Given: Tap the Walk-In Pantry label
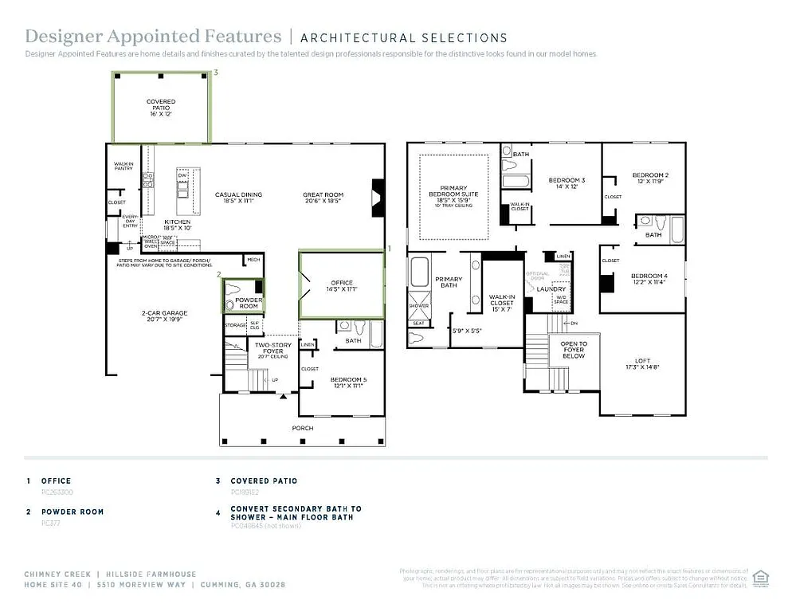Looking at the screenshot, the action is click(x=123, y=166).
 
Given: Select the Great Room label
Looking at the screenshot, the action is click(x=323, y=195).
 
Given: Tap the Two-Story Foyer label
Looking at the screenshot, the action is click(x=269, y=347).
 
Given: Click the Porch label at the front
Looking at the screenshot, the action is click(x=302, y=428).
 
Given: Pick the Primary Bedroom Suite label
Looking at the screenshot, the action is click(x=453, y=194).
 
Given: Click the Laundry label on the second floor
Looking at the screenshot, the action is click(x=551, y=289).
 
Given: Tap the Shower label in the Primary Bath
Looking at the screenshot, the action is click(x=418, y=306).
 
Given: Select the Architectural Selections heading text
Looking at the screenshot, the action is click(x=404, y=37).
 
